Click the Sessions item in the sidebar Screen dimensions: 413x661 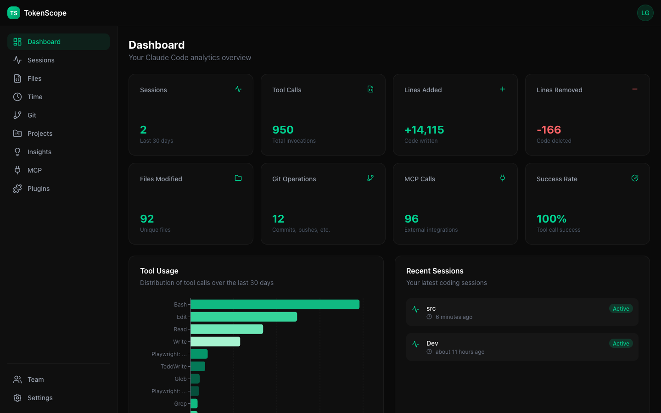[41, 60]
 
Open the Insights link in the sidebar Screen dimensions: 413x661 [39, 152]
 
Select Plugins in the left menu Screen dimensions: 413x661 [38, 189]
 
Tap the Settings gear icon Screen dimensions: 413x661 [17, 398]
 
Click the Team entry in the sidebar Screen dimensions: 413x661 [35, 380]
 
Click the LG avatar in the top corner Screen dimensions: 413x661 [645, 13]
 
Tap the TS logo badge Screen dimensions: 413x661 [14, 13]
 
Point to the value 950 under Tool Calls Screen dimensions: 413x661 [283, 130]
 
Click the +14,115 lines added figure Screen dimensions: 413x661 [424, 130]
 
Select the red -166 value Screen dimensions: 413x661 [549, 130]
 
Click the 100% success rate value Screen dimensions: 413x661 [551, 219]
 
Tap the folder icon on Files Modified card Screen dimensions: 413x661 [238, 178]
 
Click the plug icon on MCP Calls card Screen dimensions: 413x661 [503, 178]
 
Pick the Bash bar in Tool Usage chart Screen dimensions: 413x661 [274, 304]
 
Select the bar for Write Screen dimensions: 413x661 [215, 341]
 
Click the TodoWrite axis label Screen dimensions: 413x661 [174, 367]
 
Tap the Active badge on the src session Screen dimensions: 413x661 [621, 309]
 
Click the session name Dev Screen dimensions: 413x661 [432, 343]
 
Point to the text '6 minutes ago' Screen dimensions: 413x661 [454, 317]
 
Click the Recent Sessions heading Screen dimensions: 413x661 [435, 271]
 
